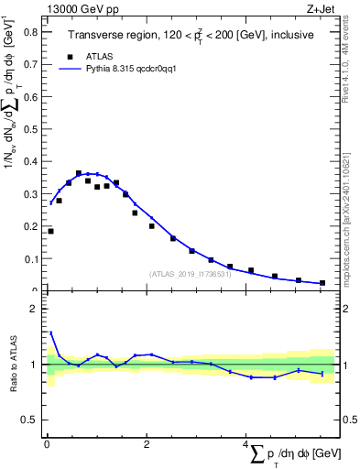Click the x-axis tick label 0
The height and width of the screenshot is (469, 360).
(x=47, y=444)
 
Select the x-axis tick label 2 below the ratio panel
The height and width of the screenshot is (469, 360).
(x=147, y=444)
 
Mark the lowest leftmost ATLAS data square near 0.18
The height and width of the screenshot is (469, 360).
(x=50, y=231)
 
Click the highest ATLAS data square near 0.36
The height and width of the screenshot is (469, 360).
(x=79, y=173)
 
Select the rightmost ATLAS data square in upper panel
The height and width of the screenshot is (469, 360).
(x=322, y=283)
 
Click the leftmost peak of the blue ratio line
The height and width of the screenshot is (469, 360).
(x=50, y=333)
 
